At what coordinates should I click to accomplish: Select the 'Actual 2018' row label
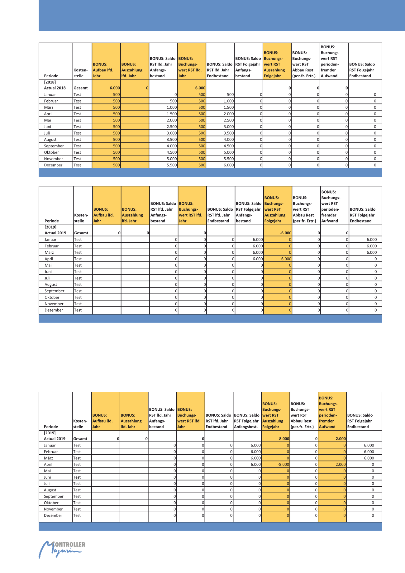point(55,88)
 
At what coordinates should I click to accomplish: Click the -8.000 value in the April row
point(283,464)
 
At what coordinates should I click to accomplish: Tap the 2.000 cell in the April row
point(341,464)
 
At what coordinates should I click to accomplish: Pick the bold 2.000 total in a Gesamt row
point(341,439)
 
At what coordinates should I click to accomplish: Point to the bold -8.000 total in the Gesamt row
point(283,439)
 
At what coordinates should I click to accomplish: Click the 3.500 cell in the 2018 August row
point(172,140)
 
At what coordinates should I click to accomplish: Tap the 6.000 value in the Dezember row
point(229,165)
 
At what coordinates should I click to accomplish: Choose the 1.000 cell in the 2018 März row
point(172,107)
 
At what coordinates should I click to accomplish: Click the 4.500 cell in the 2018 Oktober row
point(172,152)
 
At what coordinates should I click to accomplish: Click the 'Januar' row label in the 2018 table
point(50,95)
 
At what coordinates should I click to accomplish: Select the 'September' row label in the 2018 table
point(54,146)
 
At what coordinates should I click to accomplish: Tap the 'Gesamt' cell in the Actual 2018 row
point(81,88)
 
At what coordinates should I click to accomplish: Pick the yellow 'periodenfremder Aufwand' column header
point(332,412)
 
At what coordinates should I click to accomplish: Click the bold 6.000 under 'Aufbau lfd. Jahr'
point(115,88)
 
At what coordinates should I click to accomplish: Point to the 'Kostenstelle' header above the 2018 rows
point(81,73)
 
